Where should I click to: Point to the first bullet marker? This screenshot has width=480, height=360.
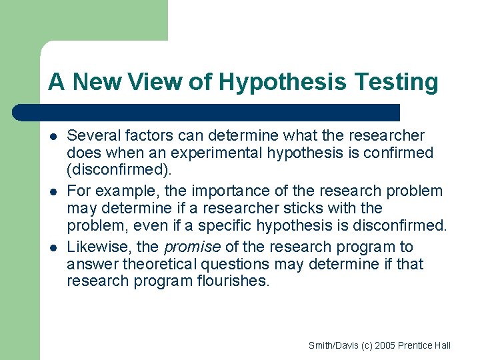pyautogui.click(x=52, y=137)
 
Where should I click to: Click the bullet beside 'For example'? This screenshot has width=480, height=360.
pyautogui.click(x=52, y=192)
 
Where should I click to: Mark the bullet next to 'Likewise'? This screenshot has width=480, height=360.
pyautogui.click(x=52, y=248)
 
